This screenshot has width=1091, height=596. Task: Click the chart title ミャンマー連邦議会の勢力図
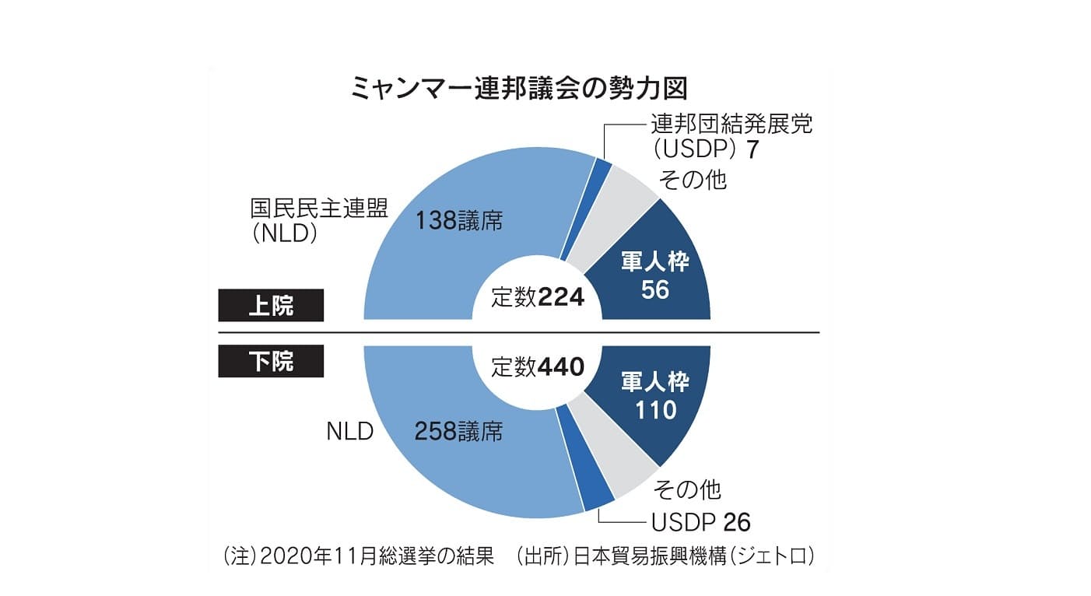pos(520,86)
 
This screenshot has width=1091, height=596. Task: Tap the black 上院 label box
pos(270,306)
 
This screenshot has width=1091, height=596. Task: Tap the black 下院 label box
pos(270,361)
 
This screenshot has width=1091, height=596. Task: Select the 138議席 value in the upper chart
pos(458,222)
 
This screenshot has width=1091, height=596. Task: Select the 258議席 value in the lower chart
pos(458,431)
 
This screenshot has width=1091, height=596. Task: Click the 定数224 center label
pos(537,297)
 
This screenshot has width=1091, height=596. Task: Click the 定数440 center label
pos(537,366)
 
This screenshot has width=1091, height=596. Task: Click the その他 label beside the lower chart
pos(686,489)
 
